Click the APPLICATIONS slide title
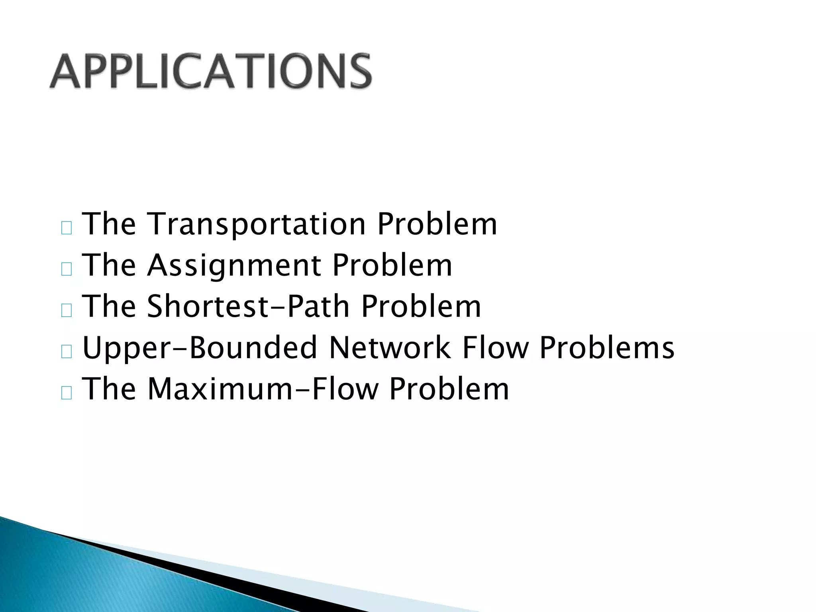click(x=211, y=72)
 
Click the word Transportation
click(x=257, y=224)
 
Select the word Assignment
click(x=234, y=266)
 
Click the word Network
click(x=390, y=348)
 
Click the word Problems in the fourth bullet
click(x=607, y=348)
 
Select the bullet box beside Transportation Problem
click(x=67, y=228)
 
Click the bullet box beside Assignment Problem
click(x=67, y=270)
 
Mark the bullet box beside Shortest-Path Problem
click(x=67, y=311)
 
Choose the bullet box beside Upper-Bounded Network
click(x=67, y=352)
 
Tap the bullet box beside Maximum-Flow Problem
click(x=67, y=393)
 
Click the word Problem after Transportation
click(x=437, y=224)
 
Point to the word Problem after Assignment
click(x=392, y=266)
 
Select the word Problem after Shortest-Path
click(x=421, y=307)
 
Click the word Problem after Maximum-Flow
click(x=449, y=389)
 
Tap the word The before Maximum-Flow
click(x=109, y=389)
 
